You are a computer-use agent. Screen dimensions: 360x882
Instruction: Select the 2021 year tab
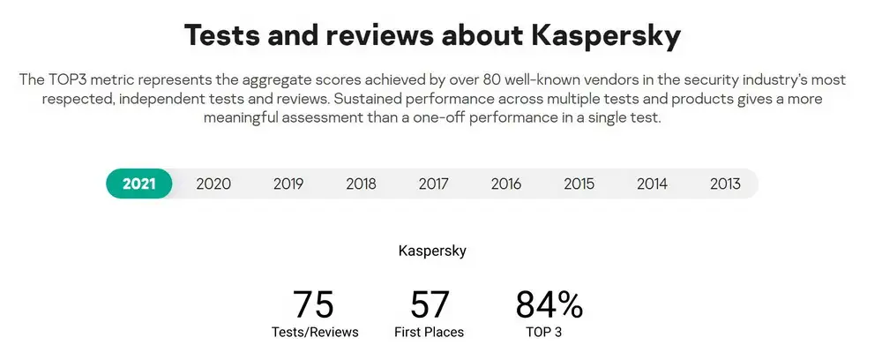pos(139,184)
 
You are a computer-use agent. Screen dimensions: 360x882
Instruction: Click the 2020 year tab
pos(213,184)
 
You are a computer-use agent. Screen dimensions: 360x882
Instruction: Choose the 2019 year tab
pos(288,184)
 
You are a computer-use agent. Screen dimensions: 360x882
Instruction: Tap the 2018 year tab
pos(361,184)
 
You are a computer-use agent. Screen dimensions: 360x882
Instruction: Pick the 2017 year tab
pos(434,184)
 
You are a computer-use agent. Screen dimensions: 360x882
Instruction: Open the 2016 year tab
pos(506,184)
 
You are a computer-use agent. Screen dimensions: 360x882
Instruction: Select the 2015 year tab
pos(579,184)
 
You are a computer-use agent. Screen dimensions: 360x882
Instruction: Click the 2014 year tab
pos(652,184)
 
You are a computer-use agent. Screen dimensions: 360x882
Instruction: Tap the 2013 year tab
pos(725,184)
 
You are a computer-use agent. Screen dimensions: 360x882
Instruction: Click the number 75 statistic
pos(314,304)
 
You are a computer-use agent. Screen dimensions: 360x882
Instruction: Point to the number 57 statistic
pos(430,304)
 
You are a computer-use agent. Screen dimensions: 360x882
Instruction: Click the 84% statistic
pos(549,304)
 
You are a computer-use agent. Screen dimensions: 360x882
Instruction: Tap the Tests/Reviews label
pos(315,333)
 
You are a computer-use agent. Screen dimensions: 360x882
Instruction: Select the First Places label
pos(430,333)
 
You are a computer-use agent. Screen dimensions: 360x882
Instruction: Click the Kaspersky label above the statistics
pos(432,251)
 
